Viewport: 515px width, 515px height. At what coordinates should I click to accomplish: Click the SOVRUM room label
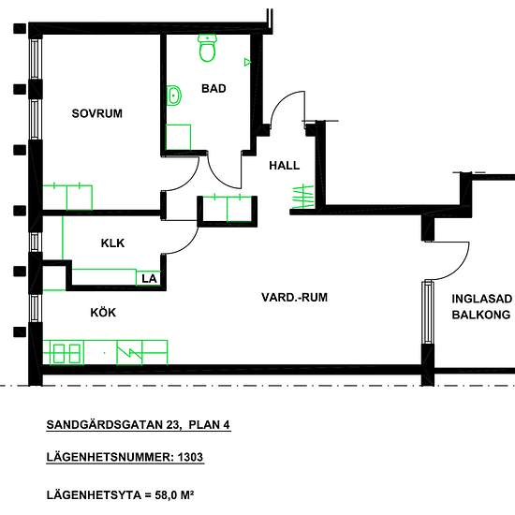[x=96, y=113]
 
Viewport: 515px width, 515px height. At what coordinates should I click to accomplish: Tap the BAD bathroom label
[x=213, y=88]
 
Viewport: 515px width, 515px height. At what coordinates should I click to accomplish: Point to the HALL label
[x=285, y=165]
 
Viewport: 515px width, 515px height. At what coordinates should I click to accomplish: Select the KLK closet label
[x=112, y=243]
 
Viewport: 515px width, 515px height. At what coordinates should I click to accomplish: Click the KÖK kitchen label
[x=103, y=313]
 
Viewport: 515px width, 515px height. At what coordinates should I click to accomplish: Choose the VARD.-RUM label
[x=295, y=297]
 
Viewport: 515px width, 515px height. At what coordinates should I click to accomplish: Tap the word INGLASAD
[x=481, y=299]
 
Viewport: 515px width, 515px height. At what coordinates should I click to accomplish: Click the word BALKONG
[x=481, y=315]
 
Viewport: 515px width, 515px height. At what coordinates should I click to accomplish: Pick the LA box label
[x=149, y=279]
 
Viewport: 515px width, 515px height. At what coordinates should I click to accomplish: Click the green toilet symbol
[x=208, y=49]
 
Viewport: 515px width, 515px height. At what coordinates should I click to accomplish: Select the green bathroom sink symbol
[x=174, y=96]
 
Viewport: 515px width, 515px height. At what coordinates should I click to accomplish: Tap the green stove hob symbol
[x=66, y=353]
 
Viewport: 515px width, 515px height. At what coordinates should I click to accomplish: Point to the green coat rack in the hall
[x=302, y=197]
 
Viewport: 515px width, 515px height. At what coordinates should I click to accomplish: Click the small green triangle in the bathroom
[x=247, y=62]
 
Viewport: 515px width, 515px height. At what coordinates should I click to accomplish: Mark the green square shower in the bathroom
[x=178, y=138]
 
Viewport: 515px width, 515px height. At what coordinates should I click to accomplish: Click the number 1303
[x=190, y=457]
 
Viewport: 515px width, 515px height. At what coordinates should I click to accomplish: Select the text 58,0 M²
[x=174, y=495]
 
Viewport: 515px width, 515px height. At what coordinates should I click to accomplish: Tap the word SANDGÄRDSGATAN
[x=105, y=425]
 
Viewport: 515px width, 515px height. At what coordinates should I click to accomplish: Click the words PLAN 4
[x=209, y=425]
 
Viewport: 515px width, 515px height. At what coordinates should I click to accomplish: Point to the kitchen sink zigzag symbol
[x=130, y=352]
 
